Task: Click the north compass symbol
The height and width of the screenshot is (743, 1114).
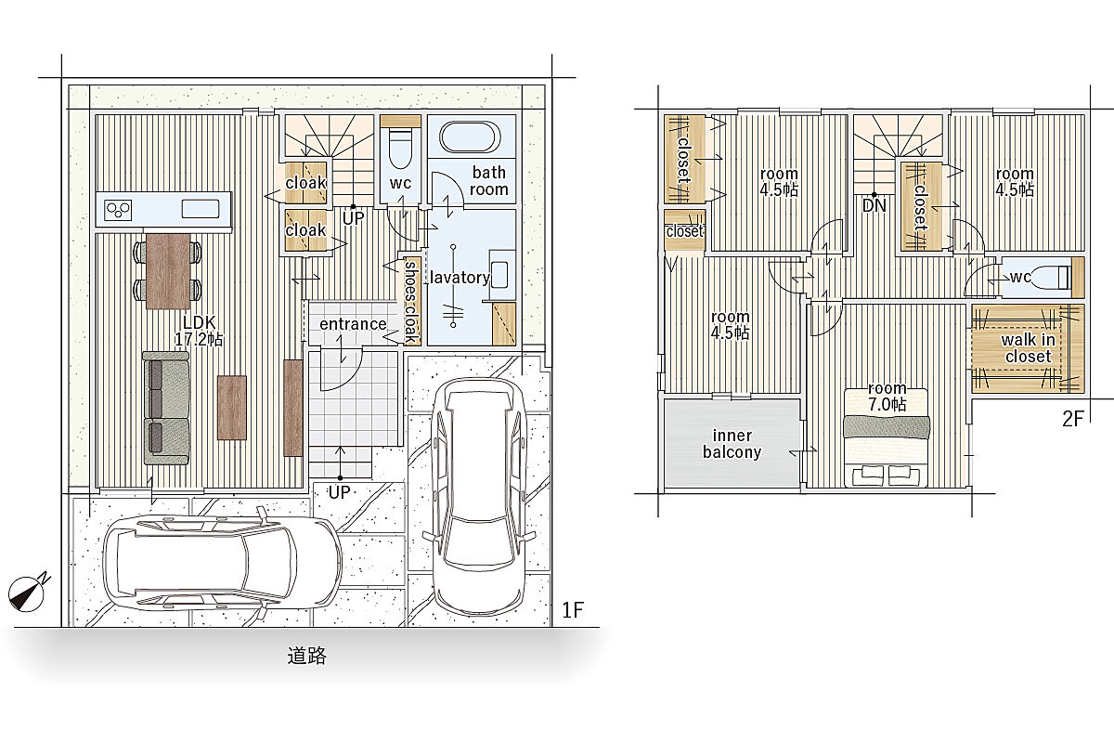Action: click(27, 593)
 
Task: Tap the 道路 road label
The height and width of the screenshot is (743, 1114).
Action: click(307, 656)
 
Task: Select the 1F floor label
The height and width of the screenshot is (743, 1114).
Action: click(573, 610)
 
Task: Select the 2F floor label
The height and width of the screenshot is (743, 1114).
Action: click(1073, 419)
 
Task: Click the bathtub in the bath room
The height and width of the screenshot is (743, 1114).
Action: click(470, 137)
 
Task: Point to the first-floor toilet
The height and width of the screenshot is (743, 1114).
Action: click(400, 148)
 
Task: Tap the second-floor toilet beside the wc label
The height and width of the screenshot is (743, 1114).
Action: click(1050, 278)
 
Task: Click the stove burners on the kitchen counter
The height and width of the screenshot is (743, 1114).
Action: click(119, 210)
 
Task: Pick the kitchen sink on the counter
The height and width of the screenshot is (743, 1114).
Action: click(201, 209)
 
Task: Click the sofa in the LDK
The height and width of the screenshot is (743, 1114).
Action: click(166, 409)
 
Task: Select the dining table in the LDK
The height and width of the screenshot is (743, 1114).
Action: click(168, 271)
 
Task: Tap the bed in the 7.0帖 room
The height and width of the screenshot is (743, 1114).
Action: click(887, 437)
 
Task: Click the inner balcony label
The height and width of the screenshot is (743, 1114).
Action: click(732, 444)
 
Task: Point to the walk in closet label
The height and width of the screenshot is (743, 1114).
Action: click(1028, 348)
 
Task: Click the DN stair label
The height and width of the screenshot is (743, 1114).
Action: click(874, 205)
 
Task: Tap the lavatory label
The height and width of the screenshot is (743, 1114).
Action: click(460, 277)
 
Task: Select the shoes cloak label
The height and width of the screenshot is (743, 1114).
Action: click(410, 302)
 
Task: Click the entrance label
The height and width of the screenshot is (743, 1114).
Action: click(353, 324)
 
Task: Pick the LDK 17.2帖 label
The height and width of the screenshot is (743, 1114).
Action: click(199, 331)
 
